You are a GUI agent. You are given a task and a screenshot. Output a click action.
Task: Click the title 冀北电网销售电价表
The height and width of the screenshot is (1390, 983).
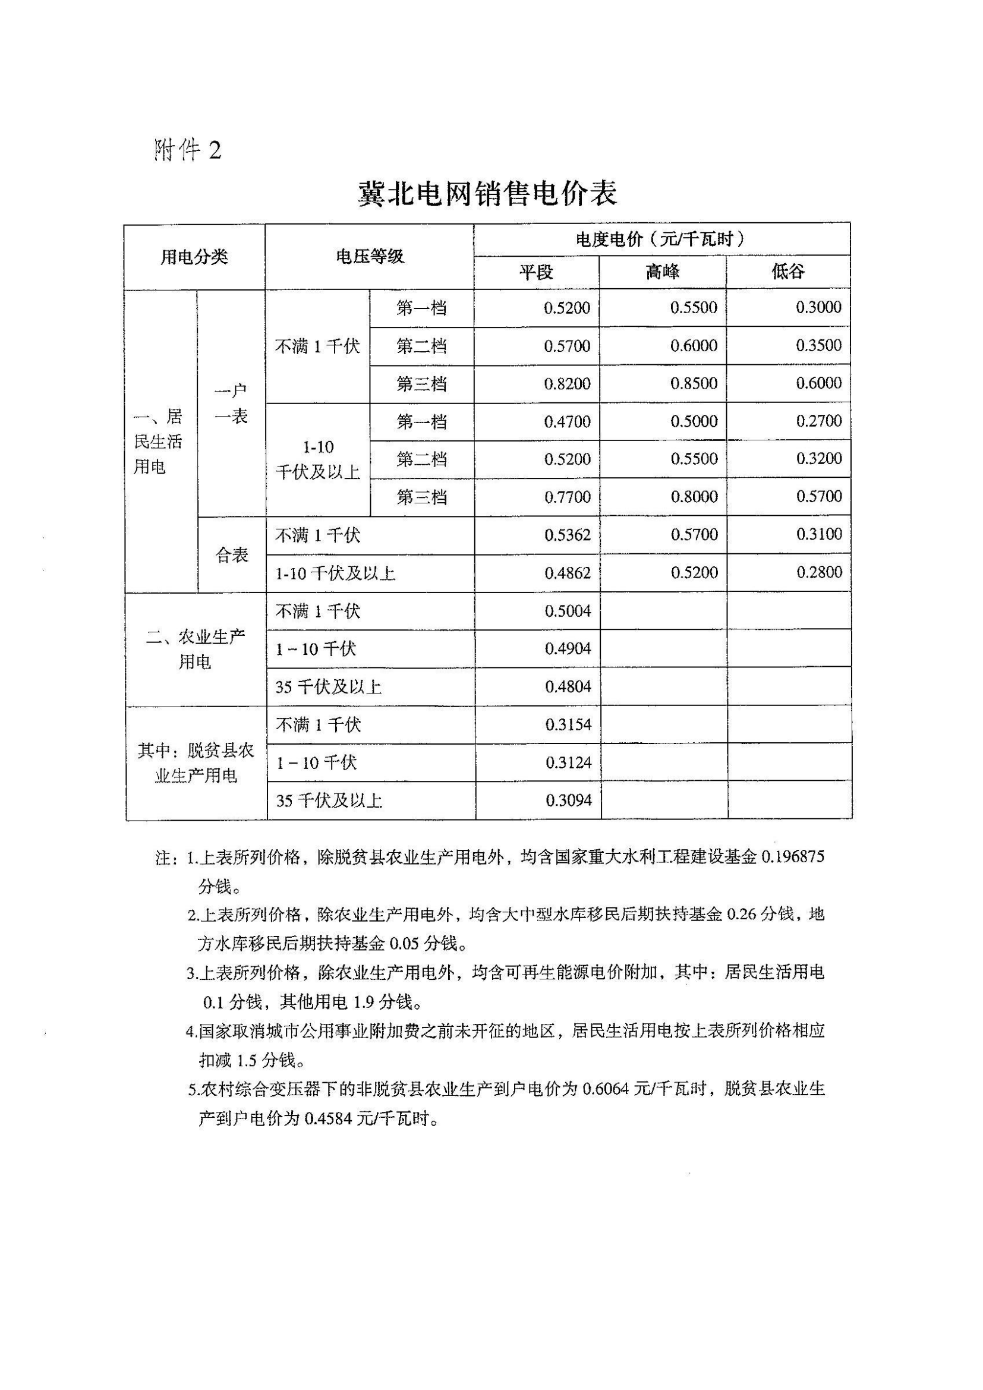point(487,193)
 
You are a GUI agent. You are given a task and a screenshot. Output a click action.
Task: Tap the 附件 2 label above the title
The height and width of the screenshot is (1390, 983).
point(188,150)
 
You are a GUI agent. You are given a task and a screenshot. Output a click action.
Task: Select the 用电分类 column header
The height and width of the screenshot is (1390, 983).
point(194,257)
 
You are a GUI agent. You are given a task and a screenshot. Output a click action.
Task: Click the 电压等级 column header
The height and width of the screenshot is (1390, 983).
point(369,257)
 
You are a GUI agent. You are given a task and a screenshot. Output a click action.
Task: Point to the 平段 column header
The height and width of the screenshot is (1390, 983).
point(535,272)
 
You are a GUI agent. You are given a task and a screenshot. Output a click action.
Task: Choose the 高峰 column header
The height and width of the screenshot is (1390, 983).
point(662,272)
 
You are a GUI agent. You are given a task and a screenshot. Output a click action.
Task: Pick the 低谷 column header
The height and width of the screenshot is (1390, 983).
point(787,272)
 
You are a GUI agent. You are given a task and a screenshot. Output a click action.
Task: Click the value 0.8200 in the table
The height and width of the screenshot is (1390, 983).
point(567,384)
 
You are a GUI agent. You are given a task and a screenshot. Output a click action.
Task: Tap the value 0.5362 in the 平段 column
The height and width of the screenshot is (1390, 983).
point(567,535)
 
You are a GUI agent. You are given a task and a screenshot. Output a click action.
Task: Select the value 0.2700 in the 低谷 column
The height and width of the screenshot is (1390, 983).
point(818,421)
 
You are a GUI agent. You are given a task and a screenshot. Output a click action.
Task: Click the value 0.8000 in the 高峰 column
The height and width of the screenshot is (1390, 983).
point(694,497)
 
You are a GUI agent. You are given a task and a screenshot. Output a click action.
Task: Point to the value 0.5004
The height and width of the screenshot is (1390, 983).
point(568,611)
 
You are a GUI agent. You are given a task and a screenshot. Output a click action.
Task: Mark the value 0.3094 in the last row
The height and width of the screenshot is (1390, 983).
point(568,800)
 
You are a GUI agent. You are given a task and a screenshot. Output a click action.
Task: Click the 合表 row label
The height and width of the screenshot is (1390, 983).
point(232,555)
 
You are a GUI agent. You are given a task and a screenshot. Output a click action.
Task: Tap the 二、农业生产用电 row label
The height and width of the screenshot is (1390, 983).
point(195,649)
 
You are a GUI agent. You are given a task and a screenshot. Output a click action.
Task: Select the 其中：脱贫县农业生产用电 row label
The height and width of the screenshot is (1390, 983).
point(196,763)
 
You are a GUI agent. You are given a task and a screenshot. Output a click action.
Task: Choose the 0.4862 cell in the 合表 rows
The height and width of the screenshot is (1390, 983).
point(567,573)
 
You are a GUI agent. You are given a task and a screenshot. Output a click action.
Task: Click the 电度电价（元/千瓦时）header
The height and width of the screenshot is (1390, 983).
point(661,239)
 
